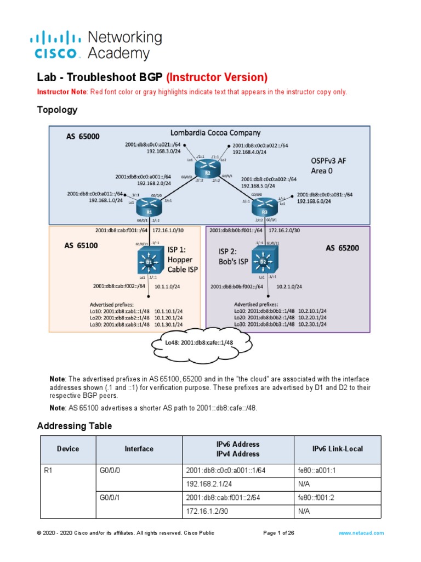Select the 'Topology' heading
click(57, 110)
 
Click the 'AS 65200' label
click(343, 248)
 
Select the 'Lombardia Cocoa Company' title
click(215, 133)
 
